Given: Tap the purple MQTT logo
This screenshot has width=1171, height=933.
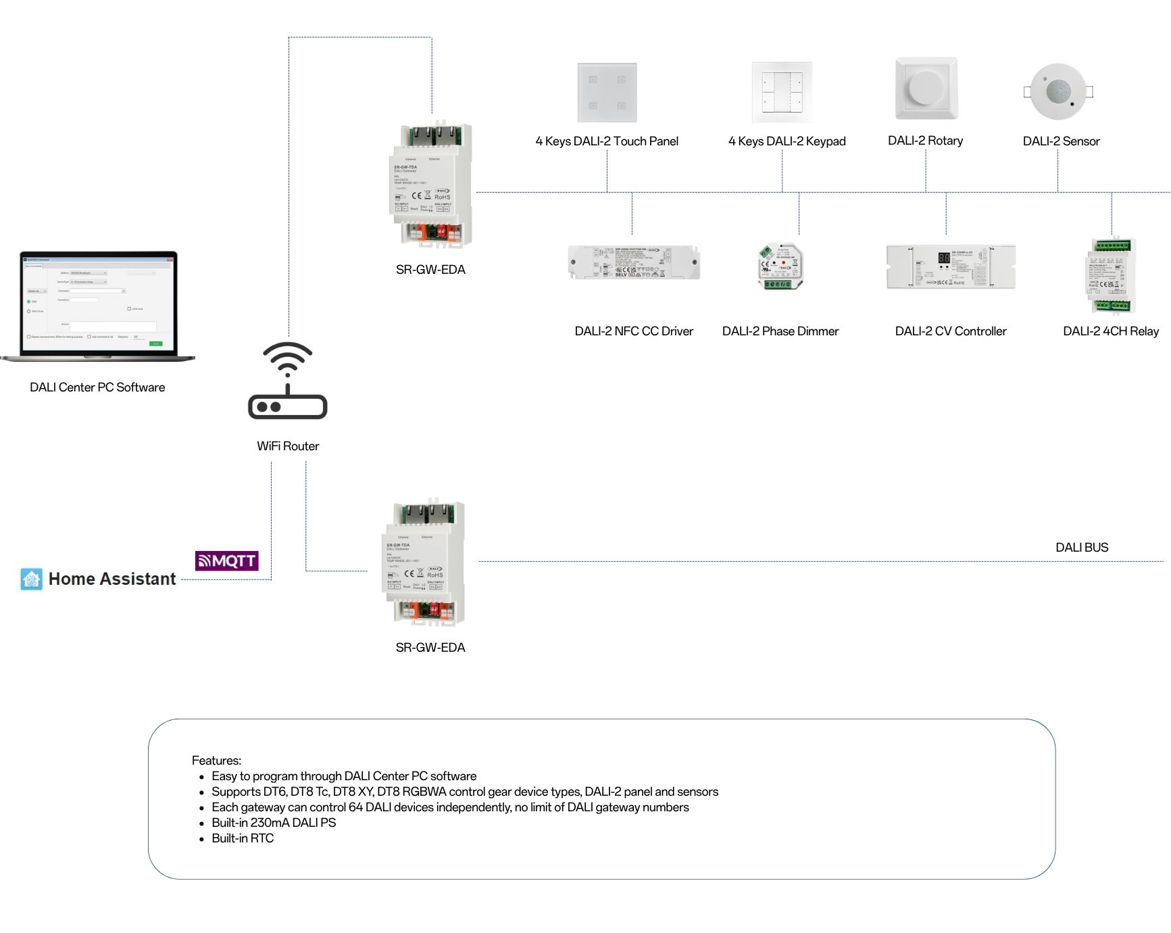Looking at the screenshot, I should [x=227, y=560].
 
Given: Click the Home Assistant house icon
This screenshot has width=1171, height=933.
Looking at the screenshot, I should [x=31, y=579].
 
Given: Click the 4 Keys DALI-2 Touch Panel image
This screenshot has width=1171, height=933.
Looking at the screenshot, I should [x=607, y=93].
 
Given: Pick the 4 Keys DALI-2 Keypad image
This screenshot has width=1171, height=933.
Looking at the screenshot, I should [x=782, y=93].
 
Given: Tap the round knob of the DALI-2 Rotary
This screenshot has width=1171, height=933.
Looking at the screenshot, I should [x=926, y=87].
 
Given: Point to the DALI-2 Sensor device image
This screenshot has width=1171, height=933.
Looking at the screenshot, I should [x=1058, y=91].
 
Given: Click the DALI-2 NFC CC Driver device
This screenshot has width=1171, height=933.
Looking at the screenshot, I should [x=634, y=263].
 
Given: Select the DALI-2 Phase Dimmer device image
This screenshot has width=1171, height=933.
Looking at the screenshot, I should [x=781, y=266].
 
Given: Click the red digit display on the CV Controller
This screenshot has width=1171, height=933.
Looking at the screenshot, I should [x=944, y=258].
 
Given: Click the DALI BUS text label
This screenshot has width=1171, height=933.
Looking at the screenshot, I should [x=1082, y=548].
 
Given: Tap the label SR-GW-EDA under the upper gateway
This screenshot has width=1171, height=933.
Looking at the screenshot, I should [x=430, y=270].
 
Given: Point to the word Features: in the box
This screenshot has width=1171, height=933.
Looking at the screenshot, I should [x=216, y=761].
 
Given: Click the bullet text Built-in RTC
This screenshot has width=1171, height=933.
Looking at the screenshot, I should [x=243, y=838].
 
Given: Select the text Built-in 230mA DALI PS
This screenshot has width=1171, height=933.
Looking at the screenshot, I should [x=274, y=823].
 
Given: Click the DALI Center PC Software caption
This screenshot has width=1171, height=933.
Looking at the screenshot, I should [x=97, y=387].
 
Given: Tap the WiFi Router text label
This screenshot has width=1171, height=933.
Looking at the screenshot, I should [x=288, y=446].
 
